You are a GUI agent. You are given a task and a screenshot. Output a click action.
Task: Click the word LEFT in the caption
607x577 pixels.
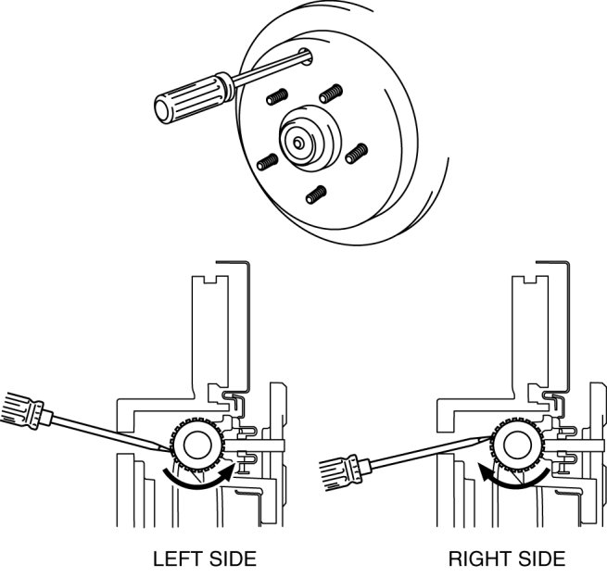click(x=173, y=559)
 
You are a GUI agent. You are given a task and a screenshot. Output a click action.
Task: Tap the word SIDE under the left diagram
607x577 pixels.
click(x=232, y=559)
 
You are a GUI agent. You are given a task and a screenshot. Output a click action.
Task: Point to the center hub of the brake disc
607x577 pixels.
click(x=303, y=140)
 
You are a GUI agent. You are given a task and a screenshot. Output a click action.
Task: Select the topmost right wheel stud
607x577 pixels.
click(x=329, y=94)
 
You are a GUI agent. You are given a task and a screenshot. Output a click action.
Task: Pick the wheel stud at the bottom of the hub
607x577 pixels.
click(x=316, y=195)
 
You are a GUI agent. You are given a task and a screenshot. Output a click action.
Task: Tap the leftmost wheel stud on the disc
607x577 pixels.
click(x=266, y=162)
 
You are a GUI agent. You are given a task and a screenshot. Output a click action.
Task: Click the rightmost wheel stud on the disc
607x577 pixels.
click(x=355, y=154)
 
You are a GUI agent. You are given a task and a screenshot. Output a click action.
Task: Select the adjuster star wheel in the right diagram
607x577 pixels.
click(x=514, y=447)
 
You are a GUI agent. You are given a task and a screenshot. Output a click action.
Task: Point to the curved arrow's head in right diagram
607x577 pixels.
click(x=484, y=472)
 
